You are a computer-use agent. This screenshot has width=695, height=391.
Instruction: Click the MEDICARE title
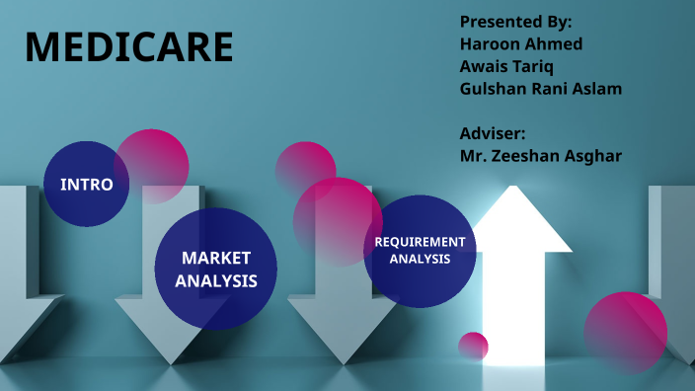click(x=129, y=47)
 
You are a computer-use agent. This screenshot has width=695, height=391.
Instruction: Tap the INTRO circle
click(x=87, y=185)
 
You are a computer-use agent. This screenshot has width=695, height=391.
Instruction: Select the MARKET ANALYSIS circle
click(x=216, y=269)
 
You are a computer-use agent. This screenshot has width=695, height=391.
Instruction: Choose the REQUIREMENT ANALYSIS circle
click(x=420, y=250)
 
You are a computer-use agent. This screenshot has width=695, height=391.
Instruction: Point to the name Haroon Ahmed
click(x=520, y=43)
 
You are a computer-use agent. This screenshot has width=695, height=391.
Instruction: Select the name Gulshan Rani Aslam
click(x=540, y=89)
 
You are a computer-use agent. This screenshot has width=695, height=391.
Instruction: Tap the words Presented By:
click(x=515, y=21)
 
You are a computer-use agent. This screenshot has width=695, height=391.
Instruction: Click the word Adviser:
click(x=493, y=132)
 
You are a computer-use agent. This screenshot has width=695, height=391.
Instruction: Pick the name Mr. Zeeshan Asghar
click(x=540, y=155)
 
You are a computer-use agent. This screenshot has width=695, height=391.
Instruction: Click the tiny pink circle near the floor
click(x=474, y=347)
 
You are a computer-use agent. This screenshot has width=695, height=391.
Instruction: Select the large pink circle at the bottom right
click(x=626, y=332)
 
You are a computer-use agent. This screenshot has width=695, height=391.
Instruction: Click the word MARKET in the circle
click(x=216, y=258)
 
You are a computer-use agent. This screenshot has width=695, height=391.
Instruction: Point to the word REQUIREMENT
click(x=420, y=241)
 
